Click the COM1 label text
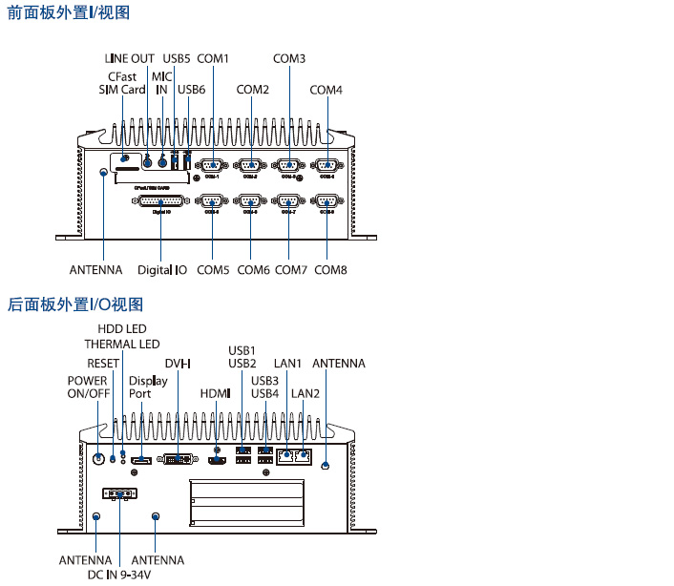(x=214, y=59)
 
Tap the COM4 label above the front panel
(x=326, y=91)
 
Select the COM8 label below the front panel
(x=330, y=270)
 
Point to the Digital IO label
(x=162, y=270)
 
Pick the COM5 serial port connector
(x=211, y=201)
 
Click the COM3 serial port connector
(x=288, y=164)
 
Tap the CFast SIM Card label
(x=122, y=83)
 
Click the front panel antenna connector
(x=104, y=173)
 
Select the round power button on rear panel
(x=97, y=458)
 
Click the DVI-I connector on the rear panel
(x=178, y=459)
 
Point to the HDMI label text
(x=216, y=393)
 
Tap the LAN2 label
(x=305, y=393)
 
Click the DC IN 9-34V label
(x=119, y=575)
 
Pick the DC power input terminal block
(x=119, y=494)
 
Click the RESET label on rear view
(x=103, y=364)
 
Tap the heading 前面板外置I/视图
(x=69, y=13)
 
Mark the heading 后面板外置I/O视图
(x=75, y=304)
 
